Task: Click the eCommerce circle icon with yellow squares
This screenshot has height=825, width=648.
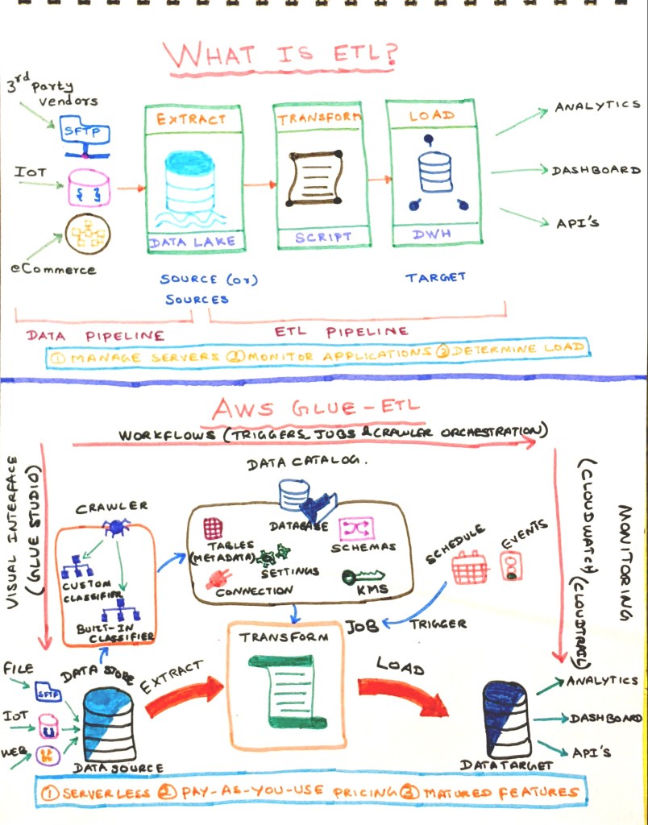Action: (88, 233)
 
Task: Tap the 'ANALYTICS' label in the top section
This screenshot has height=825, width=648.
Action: (596, 107)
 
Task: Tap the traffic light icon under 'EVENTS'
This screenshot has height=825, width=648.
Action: (509, 566)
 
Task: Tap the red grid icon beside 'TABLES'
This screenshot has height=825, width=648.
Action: (213, 529)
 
